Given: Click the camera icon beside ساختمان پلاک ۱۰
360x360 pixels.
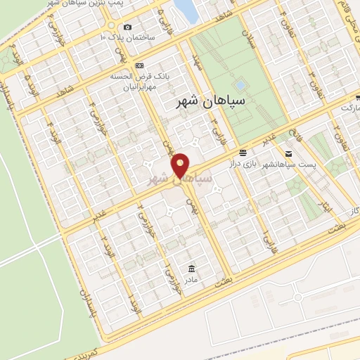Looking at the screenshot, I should point(127,27).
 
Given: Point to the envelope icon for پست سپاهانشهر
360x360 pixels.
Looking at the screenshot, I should point(288,153).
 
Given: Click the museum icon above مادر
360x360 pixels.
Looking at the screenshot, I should point(191,268).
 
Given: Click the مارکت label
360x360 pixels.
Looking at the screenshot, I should point(349,109).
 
